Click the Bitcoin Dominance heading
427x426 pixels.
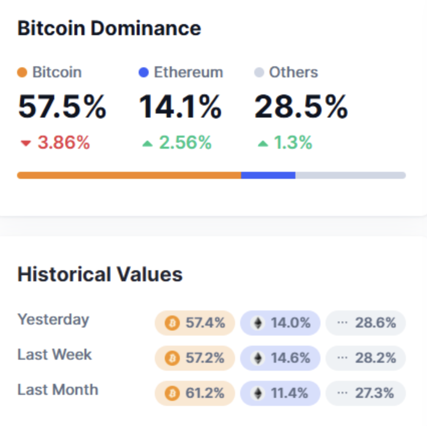coord(109,28)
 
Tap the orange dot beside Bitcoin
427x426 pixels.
coord(22,72)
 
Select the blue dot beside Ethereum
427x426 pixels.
coord(144,72)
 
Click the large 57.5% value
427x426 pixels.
coord(62,106)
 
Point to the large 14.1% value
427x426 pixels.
coord(180,106)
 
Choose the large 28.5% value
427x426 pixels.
coord(301,106)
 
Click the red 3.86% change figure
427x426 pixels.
coord(63,143)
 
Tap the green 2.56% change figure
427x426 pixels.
coord(185,143)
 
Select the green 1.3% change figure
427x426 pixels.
coord(292,143)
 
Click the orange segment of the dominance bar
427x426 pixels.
coord(129,175)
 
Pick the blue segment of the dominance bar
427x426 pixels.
coord(268,175)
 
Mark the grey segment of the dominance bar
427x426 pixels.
coord(350,175)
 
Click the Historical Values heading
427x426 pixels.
coord(100,274)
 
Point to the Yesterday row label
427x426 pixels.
coord(53,319)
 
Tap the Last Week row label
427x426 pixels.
coord(55,355)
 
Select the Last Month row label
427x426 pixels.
coord(58,390)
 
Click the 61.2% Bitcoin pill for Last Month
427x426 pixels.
coord(194,393)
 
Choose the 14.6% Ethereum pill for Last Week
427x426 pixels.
coord(280,358)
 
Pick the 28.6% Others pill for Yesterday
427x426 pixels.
coord(366,323)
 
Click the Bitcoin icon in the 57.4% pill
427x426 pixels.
coord(172,323)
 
